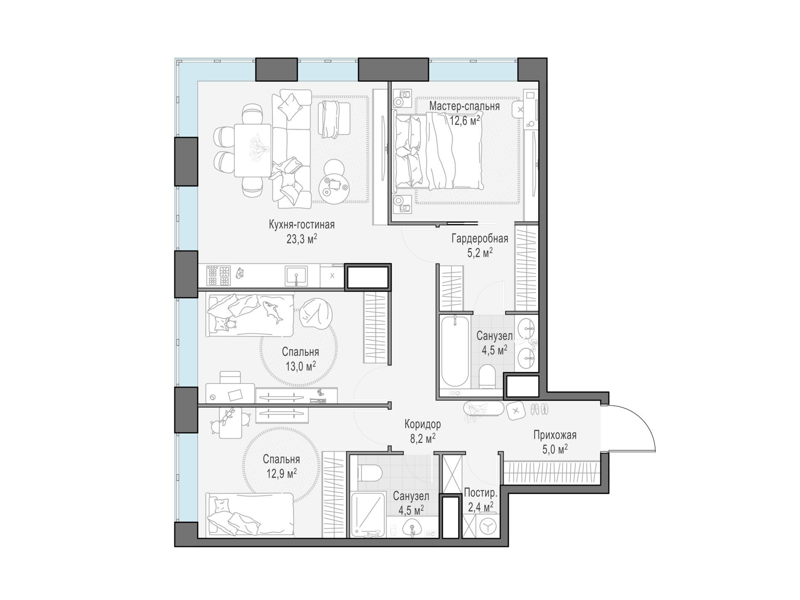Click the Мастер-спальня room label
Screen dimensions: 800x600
click(464, 106)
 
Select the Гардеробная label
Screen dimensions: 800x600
click(480, 239)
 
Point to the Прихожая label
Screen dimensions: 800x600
click(555, 435)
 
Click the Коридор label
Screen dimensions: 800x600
click(422, 424)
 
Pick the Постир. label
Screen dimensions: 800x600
click(480, 493)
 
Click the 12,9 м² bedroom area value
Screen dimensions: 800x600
click(281, 474)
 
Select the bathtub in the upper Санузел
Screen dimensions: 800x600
click(455, 352)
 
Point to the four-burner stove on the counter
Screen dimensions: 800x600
click(219, 276)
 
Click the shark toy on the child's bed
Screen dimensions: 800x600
click(273, 312)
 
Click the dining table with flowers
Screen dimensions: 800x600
click(252, 150)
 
